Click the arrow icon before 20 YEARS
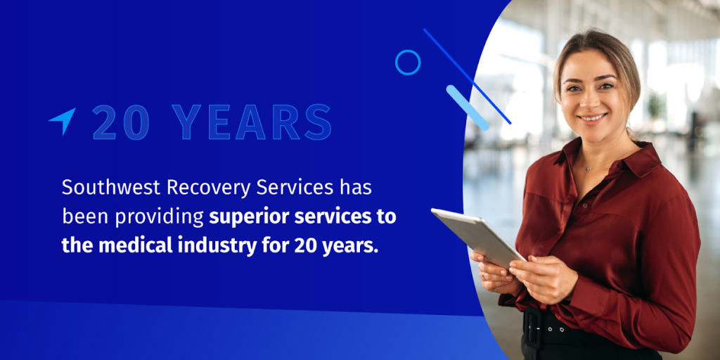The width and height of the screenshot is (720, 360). pyautogui.click(x=63, y=120)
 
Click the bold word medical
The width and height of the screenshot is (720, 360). pyautogui.click(x=131, y=247)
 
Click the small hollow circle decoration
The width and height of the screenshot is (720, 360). pyautogui.click(x=408, y=63)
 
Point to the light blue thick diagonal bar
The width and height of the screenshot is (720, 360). pyautogui.click(x=468, y=108)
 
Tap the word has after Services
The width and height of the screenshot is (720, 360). pyautogui.click(x=355, y=188)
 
